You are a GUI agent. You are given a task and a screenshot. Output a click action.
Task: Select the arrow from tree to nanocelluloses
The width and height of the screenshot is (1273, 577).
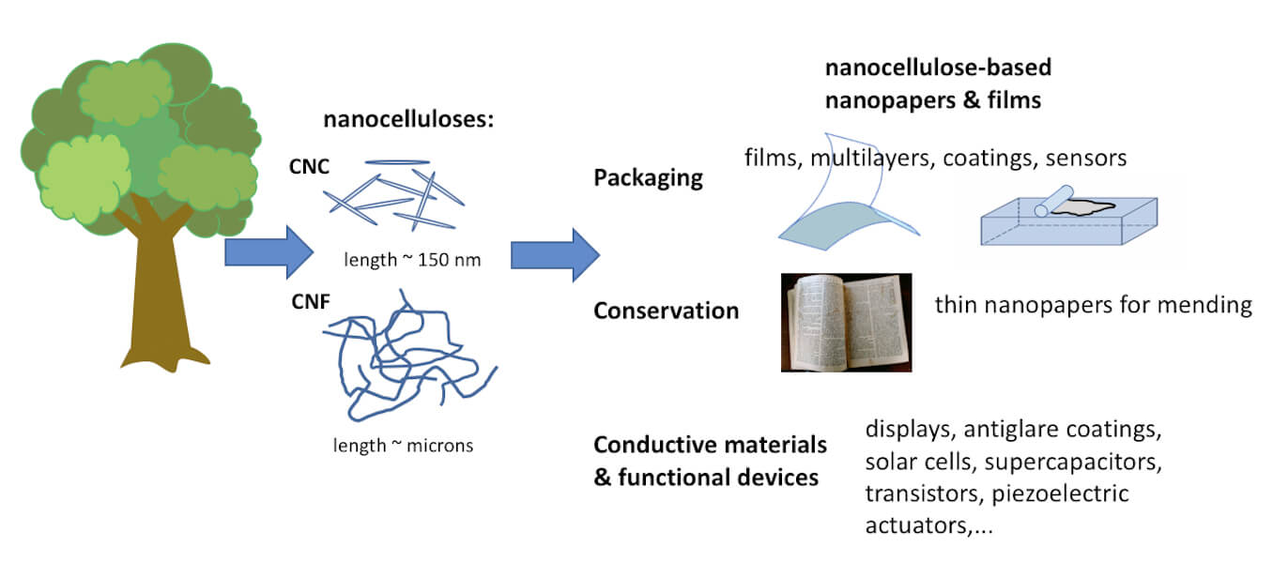[x=268, y=251]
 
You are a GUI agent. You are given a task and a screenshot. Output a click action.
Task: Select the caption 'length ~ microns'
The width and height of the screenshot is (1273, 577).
[x=403, y=445]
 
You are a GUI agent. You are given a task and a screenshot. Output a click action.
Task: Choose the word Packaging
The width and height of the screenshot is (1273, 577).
[x=648, y=177]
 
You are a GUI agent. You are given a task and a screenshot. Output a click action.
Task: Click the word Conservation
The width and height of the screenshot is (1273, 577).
[x=666, y=310]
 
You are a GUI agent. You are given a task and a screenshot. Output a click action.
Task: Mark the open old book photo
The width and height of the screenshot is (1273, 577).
[x=846, y=322]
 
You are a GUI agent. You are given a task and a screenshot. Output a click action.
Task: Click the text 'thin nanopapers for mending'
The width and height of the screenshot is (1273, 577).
[x=1094, y=306]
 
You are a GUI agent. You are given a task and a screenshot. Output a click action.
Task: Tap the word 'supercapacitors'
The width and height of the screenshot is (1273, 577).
[x=1066, y=463]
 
